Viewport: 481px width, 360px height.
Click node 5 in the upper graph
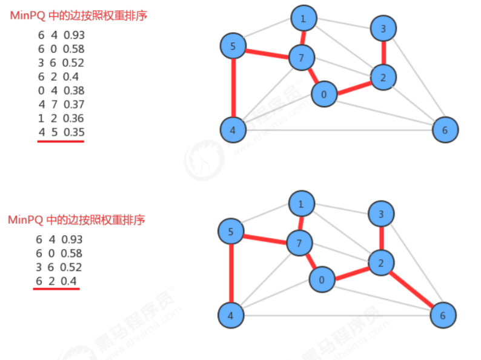233,46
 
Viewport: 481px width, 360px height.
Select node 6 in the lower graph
443,315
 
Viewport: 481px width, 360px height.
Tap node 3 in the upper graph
383,28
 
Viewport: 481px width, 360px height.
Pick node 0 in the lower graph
322,279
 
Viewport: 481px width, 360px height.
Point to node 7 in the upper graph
302,58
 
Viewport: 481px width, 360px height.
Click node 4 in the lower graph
231,315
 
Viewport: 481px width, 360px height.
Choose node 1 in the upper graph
304,18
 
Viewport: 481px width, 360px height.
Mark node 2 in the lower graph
381,262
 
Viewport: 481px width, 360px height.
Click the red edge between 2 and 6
411,288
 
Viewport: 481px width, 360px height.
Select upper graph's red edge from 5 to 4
233,88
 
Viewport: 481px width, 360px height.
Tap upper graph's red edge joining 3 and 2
383,53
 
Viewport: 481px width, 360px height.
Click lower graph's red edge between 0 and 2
352,274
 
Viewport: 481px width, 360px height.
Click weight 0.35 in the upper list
74,132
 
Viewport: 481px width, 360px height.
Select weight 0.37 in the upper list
74,105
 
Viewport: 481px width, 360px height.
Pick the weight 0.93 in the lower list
71,239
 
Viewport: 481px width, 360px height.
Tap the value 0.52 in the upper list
73,63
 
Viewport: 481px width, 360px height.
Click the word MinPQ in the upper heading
28,15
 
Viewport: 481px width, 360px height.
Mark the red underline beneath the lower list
56,288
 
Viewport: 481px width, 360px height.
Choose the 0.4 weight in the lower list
68,281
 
